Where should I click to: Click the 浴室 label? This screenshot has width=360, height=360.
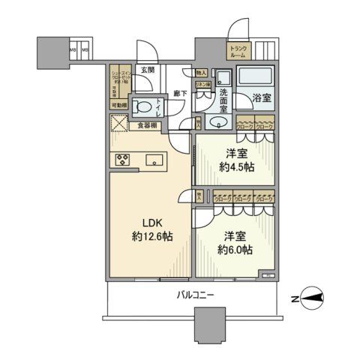[x=261, y=97]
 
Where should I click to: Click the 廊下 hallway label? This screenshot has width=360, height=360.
[x=180, y=94]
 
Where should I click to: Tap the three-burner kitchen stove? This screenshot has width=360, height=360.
[x=123, y=158]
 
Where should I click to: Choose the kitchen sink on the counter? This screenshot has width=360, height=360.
[x=155, y=159]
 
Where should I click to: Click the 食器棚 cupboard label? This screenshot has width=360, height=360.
[x=148, y=125]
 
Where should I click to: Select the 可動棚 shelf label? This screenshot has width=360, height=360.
[x=118, y=106]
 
